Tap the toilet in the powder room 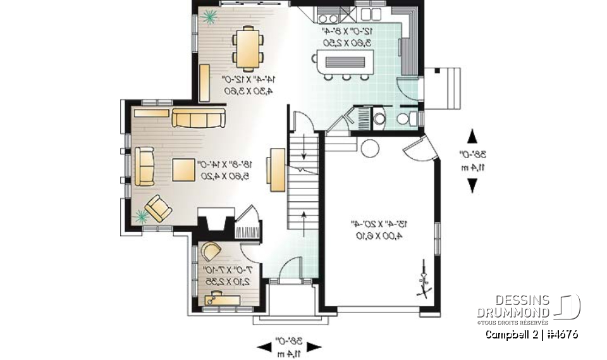click(405, 118)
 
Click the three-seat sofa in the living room click(199, 118)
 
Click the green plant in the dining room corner click(207, 18)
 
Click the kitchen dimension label click(347, 36)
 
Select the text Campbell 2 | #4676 click(530, 335)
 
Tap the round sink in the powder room click(379, 117)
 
